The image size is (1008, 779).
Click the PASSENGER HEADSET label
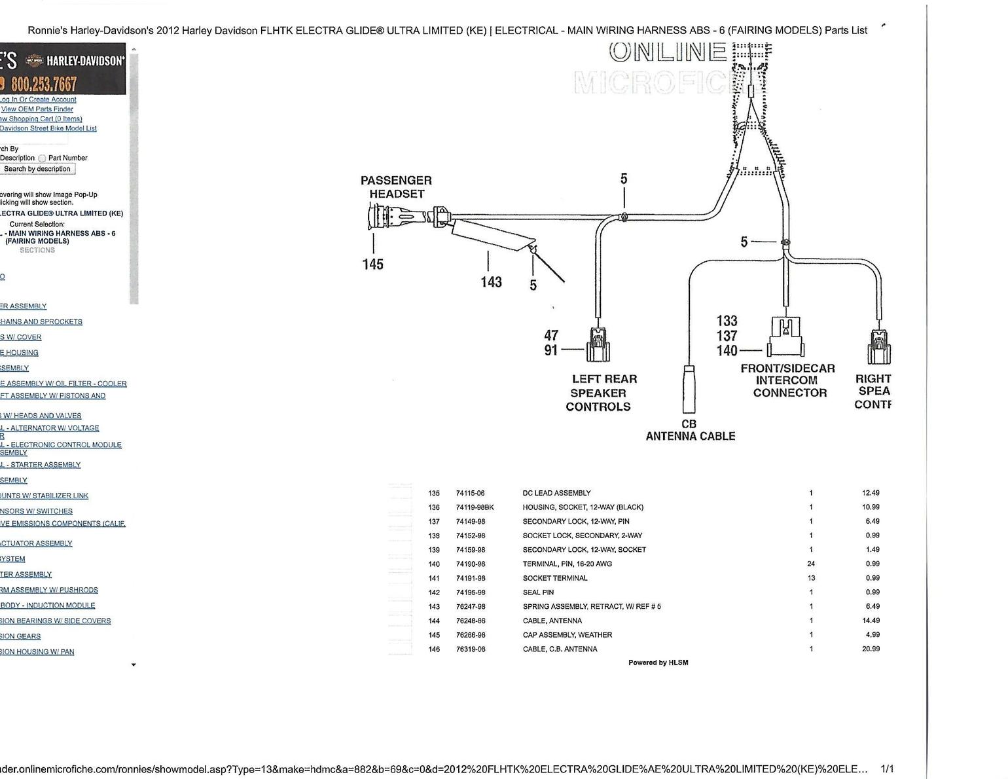(x=396, y=187)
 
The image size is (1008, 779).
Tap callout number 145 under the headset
(x=373, y=264)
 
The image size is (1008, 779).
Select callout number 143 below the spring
(x=491, y=282)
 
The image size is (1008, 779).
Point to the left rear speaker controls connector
(x=598, y=344)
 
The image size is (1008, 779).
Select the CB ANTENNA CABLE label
(x=690, y=430)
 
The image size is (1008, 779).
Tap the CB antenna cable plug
(x=689, y=389)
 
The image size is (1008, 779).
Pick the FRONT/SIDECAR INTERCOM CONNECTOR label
(x=788, y=380)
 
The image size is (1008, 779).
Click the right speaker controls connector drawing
(x=878, y=346)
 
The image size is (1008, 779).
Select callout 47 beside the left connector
(x=551, y=336)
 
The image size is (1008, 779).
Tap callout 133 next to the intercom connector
(x=727, y=321)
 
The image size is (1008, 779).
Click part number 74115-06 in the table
(x=470, y=493)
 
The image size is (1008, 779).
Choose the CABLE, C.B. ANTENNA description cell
(x=560, y=649)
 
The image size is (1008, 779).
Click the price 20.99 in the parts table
(x=871, y=649)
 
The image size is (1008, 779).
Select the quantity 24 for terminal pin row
(x=811, y=564)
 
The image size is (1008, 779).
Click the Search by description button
(x=37, y=169)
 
